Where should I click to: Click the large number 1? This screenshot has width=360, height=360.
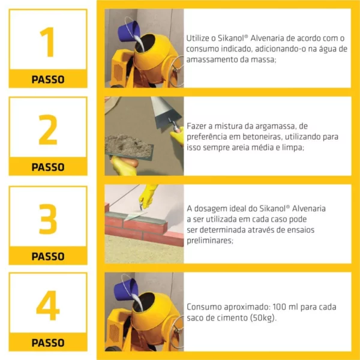coord(49,42)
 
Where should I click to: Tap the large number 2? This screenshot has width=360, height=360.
coord(48,130)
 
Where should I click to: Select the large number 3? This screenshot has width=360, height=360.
coord(48,219)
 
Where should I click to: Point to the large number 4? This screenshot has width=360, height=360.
coord(48,305)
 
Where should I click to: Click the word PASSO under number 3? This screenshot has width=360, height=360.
coord(48,256)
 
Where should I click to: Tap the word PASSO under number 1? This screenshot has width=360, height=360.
coord(48,80)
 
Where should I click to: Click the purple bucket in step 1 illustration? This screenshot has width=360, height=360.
coord(128,31)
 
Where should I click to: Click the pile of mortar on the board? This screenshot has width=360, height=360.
coord(128,145)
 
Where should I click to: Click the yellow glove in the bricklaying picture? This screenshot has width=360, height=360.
coord(148,196)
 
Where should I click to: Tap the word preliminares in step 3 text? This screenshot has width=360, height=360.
coord(210,241)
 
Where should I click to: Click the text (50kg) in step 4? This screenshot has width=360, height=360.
coord(264,318)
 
